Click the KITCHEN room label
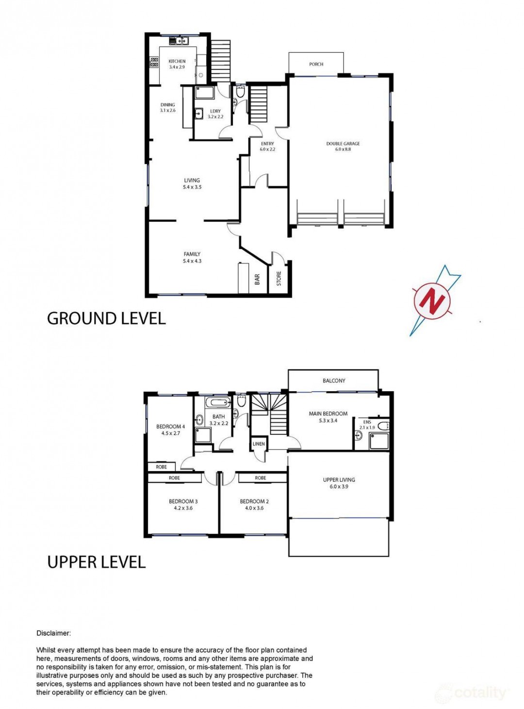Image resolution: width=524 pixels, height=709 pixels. click(x=177, y=61)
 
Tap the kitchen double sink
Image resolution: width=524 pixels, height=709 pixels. click(x=179, y=41)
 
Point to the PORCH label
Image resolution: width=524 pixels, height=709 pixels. click(x=316, y=64)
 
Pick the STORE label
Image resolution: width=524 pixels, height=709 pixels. click(x=278, y=279)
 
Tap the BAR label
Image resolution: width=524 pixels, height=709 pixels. click(x=257, y=280)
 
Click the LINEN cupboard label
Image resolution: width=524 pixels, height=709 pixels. click(x=259, y=444)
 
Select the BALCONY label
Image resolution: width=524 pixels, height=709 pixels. click(x=334, y=380)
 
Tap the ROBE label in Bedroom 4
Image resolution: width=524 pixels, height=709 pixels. click(x=161, y=467)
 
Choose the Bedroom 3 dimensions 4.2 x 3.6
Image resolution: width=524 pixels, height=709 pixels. click(x=181, y=508)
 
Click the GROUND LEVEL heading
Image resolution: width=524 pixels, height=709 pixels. click(x=106, y=318)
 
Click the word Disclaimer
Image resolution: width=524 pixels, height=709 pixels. click(x=53, y=624)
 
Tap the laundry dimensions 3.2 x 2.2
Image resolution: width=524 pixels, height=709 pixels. click(x=215, y=116)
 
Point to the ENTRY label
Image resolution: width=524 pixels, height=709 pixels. click(x=267, y=144)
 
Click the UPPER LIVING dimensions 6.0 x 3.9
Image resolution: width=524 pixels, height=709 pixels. click(x=339, y=486)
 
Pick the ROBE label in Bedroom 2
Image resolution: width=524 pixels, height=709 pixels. click(x=260, y=478)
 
